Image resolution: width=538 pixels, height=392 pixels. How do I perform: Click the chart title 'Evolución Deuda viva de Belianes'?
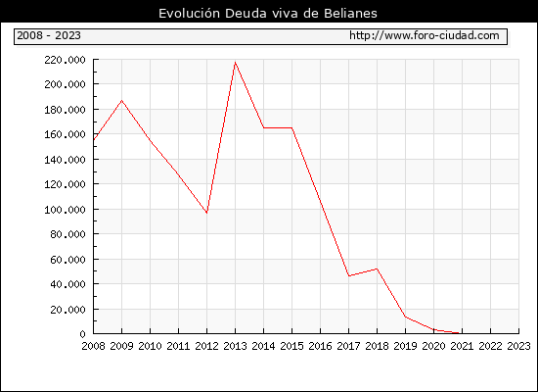pos(268,14)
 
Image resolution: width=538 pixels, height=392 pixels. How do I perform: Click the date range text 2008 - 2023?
pos(49,35)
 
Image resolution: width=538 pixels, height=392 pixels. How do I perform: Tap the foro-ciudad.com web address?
pos(425,35)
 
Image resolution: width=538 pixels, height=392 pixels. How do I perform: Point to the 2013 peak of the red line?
pos(235,63)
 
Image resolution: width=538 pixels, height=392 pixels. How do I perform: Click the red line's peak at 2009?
pos(122,100)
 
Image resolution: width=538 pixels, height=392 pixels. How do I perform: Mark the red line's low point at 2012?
pos(207,213)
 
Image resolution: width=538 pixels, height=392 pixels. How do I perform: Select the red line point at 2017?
pos(349,275)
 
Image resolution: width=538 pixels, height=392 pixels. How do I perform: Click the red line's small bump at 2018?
pos(377,269)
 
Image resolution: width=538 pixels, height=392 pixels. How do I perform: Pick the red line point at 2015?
pos(292,128)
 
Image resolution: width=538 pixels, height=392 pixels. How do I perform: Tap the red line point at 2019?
pos(406,317)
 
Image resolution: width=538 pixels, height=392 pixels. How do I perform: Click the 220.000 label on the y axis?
pos(65,60)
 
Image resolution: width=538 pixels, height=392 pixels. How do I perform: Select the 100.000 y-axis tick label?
pos(65,210)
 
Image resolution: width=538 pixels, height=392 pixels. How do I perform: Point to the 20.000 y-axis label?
pos(67,310)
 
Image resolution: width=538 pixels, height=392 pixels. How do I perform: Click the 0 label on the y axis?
pos(82,334)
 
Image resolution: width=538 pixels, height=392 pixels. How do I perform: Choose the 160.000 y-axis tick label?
pos(65,134)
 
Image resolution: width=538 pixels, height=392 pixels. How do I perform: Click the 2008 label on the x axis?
pos(93,346)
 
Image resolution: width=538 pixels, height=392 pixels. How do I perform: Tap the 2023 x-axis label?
pos(518,346)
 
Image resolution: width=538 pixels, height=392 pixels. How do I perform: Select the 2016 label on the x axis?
pos(320,346)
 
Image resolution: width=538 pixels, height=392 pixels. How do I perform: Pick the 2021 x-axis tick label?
pos(462,346)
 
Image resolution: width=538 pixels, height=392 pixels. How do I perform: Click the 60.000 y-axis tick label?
pos(67,260)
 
